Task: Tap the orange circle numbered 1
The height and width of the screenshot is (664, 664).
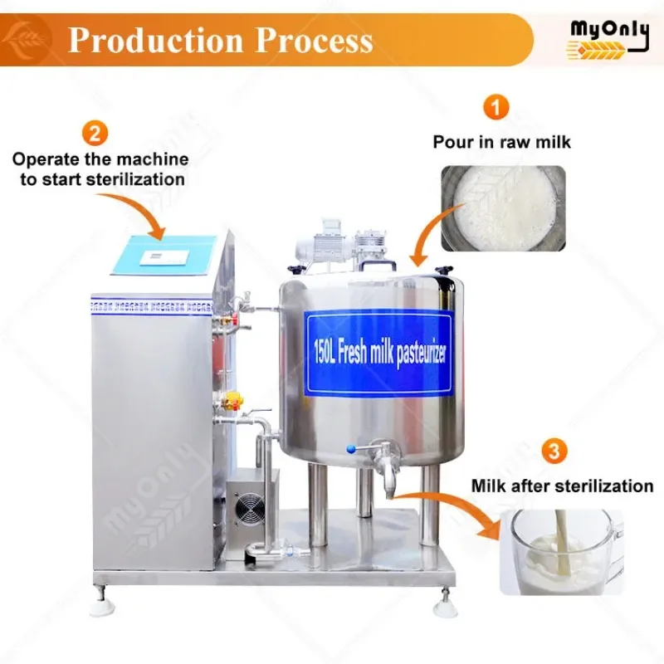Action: pos(496,108)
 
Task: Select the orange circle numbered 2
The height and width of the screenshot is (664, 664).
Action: pos(95,133)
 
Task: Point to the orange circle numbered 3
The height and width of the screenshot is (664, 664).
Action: pos(554,453)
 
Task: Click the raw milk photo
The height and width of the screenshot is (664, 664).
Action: pos(502,207)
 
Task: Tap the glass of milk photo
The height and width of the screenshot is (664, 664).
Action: pos(561,551)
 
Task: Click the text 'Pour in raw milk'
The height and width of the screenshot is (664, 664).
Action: pos(502,142)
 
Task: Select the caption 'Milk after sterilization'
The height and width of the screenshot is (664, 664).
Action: pos(562,486)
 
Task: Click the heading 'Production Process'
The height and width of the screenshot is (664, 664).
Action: pos(220,40)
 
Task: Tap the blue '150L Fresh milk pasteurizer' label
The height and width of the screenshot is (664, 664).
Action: pos(381,353)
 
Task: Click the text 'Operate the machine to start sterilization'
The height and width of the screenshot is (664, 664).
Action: pos(100,168)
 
